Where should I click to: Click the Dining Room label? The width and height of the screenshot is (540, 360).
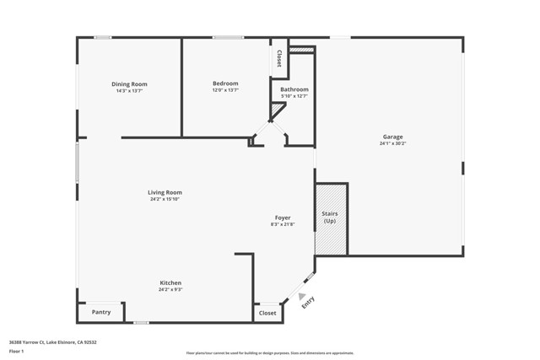pyautogui.click(x=129, y=83)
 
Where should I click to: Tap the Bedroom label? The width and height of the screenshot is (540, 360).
pyautogui.click(x=225, y=83)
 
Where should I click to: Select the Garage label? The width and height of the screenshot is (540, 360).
pyautogui.click(x=392, y=137)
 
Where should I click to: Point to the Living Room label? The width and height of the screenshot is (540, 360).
pyautogui.click(x=165, y=192)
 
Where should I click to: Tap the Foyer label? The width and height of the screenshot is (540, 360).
pyautogui.click(x=283, y=218)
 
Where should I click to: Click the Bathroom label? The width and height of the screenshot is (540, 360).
pyautogui.click(x=294, y=89)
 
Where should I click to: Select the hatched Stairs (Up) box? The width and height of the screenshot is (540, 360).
pyautogui.click(x=331, y=218)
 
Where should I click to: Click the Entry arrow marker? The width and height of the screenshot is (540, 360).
pyautogui.click(x=301, y=296)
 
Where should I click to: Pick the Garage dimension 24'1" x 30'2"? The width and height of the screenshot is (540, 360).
pyautogui.click(x=392, y=144)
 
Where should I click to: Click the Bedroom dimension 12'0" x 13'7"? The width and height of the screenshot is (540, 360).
pyautogui.click(x=225, y=90)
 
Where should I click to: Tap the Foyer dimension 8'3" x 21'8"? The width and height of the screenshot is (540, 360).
pyautogui.click(x=283, y=224)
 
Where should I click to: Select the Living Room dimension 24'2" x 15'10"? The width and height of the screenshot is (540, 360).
pyautogui.click(x=165, y=199)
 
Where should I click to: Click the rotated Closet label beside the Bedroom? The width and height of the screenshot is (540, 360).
pyautogui.click(x=278, y=58)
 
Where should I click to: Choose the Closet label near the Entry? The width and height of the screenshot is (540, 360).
pyautogui.click(x=267, y=313)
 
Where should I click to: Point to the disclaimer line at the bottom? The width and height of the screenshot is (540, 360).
pyautogui.click(x=270, y=353)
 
